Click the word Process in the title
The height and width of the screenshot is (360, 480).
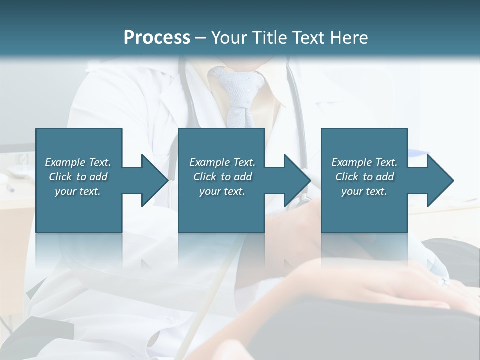coord(157,38)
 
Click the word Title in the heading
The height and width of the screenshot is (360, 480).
coord(269,38)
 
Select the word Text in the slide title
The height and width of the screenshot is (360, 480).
coord(309,38)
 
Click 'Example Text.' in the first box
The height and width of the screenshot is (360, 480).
coord(78,162)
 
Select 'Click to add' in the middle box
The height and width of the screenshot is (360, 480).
coord(222,177)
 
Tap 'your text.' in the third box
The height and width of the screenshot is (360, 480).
coord(364,191)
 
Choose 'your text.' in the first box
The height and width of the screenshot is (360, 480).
coord(78,191)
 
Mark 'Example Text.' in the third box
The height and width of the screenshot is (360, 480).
coord(364,162)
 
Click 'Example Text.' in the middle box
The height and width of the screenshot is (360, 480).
coord(222,162)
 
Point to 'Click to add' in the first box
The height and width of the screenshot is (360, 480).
coord(78,177)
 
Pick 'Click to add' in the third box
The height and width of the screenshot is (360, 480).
coord(364,177)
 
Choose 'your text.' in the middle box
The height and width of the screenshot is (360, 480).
coord(222,191)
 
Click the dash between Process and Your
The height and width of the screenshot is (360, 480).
coord(200,38)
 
